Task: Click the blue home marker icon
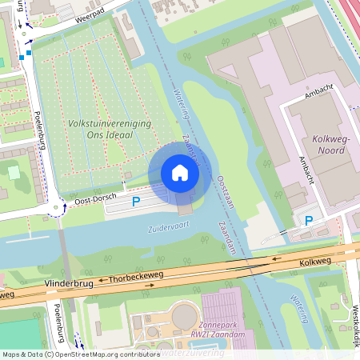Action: point(180,173)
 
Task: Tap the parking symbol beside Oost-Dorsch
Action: point(136,202)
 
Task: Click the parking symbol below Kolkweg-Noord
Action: point(308,220)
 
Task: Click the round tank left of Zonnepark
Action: point(183,316)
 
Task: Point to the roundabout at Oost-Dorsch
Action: point(55,210)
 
